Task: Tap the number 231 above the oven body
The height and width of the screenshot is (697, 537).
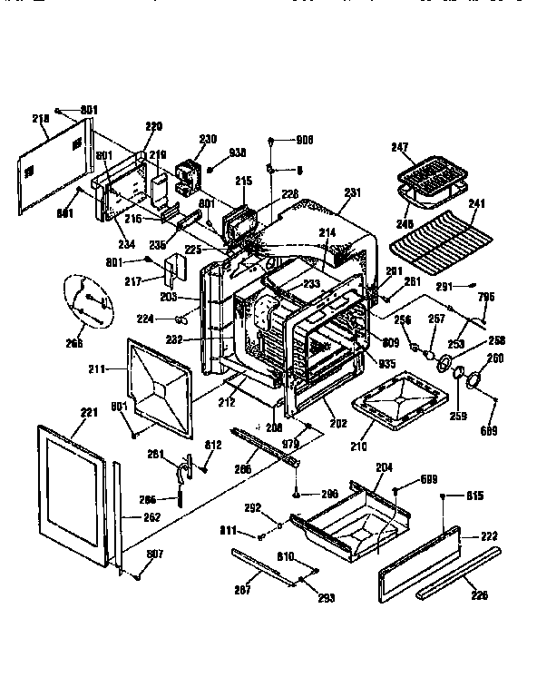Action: tap(352, 192)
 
